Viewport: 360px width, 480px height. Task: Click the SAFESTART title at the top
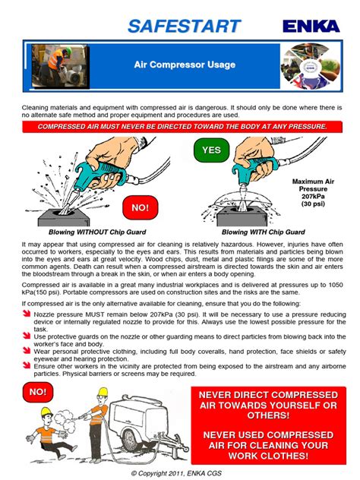coord(184,26)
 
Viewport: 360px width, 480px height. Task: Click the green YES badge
coord(211,150)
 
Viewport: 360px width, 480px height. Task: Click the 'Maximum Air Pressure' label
coord(312,186)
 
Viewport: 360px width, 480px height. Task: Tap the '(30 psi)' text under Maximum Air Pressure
coord(312,204)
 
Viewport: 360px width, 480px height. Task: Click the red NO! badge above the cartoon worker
coord(36,392)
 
